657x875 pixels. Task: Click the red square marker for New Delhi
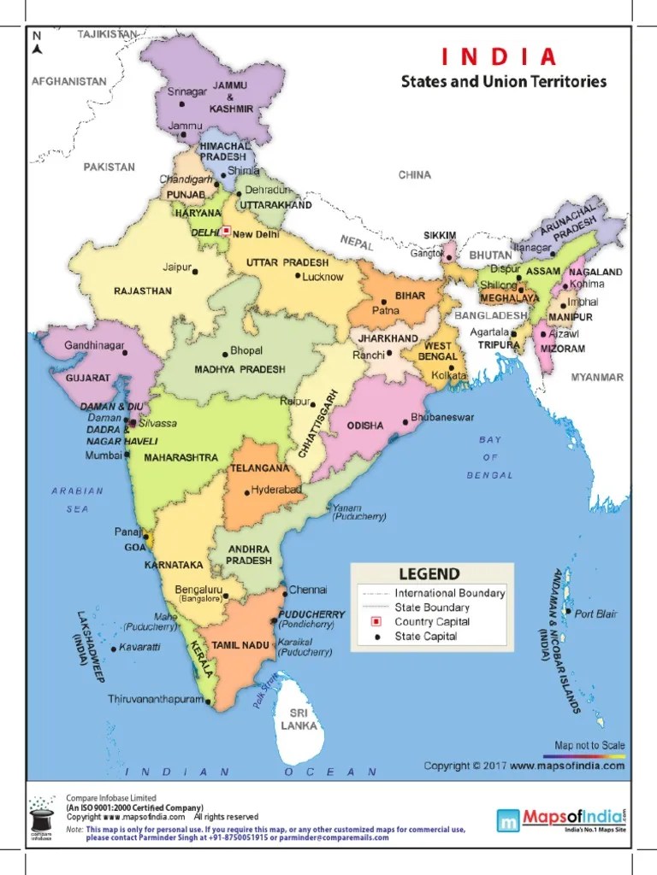pos(226,231)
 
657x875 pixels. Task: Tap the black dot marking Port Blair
pos(568,611)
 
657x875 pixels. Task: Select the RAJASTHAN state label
pos(143,291)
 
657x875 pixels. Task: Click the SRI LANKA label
pos(303,719)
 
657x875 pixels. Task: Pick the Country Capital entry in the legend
pos(431,622)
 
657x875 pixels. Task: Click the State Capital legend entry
pos(425,637)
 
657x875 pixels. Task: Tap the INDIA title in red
pos(499,57)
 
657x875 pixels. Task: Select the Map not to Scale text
pos(589,746)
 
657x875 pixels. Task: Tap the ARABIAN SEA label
pos(77,500)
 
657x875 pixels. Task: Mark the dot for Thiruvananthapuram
pos(208,700)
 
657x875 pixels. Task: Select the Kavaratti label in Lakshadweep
pos(140,648)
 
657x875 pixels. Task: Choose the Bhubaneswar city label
pos(442,418)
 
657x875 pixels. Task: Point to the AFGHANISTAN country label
pos(69,81)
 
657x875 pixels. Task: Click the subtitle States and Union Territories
pos(504,82)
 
